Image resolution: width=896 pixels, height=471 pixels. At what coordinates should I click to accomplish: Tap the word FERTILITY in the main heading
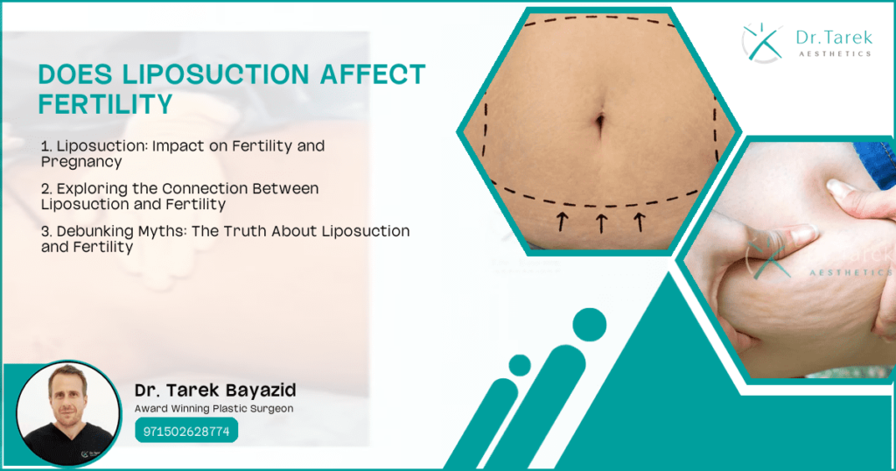(104, 104)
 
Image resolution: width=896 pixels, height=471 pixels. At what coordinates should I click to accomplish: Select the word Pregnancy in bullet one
(81, 162)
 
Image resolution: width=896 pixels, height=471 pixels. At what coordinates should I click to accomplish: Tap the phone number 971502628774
(186, 432)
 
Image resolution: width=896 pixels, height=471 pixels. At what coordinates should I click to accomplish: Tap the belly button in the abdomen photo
(599, 123)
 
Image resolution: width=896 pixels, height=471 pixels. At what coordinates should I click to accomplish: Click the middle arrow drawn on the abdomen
(599, 222)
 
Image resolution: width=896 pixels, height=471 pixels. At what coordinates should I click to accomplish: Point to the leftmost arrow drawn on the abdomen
(559, 222)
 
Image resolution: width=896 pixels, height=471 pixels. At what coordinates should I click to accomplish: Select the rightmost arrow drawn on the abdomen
(640, 222)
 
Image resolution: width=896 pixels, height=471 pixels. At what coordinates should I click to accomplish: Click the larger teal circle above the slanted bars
(589, 326)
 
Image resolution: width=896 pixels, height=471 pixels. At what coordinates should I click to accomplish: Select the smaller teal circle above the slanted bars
(520, 365)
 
